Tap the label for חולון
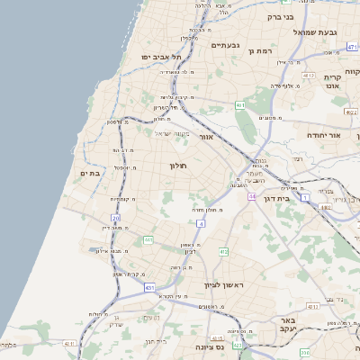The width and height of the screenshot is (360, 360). (x=175, y=166)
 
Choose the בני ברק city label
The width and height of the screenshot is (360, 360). (x=281, y=16)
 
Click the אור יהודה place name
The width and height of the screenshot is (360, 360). (x=320, y=135)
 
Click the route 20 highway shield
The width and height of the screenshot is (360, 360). (x=115, y=218)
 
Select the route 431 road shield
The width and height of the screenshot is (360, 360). (x=148, y=287)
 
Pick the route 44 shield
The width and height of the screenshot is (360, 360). (x=253, y=195)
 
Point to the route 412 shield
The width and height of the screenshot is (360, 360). (x=223, y=252)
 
